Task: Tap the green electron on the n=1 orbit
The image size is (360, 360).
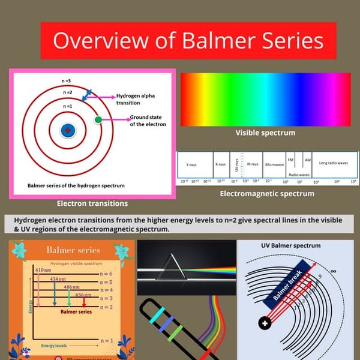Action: pos(98,121)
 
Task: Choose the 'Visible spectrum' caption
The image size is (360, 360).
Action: pos(265,133)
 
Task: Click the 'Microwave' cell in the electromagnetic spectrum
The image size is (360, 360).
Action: pos(275,164)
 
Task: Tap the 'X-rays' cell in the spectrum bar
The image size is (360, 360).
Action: pos(221,164)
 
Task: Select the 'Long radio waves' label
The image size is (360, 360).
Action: pos(334,163)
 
